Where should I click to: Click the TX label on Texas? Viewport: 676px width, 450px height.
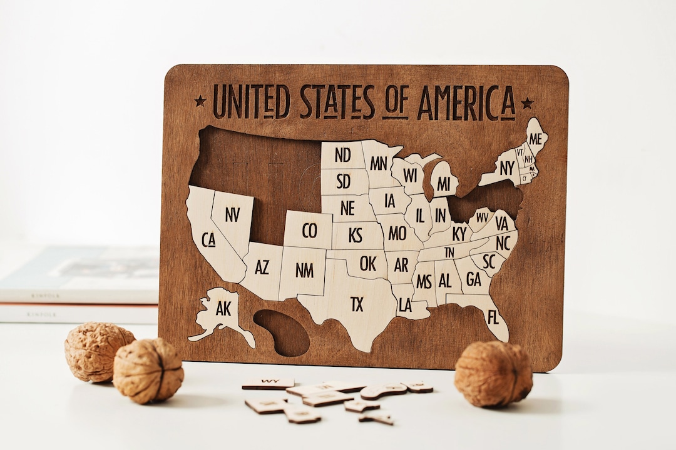357,304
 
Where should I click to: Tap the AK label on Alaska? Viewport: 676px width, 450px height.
223,308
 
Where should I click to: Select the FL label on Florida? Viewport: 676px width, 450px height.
493,317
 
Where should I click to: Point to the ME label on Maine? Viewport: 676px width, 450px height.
535,139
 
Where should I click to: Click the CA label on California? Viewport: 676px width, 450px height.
208,239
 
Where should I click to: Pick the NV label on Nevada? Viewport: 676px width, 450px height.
232,215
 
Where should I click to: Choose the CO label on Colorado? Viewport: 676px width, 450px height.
309,231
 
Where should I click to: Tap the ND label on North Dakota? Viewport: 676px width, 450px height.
342,155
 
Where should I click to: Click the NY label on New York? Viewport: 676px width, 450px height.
507,167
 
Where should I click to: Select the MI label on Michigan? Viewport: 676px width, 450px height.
444,184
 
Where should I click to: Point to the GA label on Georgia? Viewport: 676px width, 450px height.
474,279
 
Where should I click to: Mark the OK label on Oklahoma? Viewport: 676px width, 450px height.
368,264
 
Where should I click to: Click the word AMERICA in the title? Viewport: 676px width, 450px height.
466,102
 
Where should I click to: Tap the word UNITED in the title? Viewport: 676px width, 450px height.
251,102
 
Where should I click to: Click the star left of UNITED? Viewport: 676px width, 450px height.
200,101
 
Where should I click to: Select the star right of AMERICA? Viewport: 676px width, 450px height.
527,102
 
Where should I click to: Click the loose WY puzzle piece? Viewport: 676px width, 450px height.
269,382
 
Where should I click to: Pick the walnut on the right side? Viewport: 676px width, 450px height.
493,373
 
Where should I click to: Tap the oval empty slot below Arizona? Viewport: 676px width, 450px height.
282,332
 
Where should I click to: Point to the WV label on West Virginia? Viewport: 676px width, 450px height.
481,217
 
